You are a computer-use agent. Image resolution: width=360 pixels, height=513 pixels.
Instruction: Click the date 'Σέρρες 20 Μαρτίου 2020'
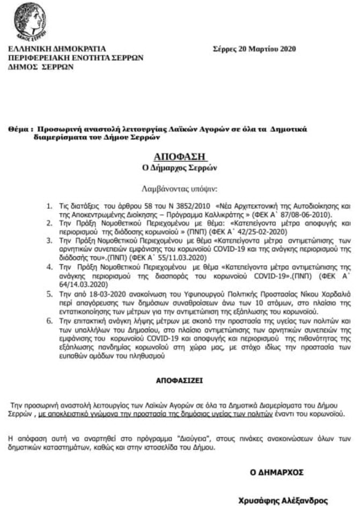(x=254, y=49)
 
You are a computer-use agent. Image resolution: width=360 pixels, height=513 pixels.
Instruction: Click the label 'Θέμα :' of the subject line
(x=21, y=129)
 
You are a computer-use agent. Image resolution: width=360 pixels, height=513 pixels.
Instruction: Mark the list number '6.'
(x=49, y=319)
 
